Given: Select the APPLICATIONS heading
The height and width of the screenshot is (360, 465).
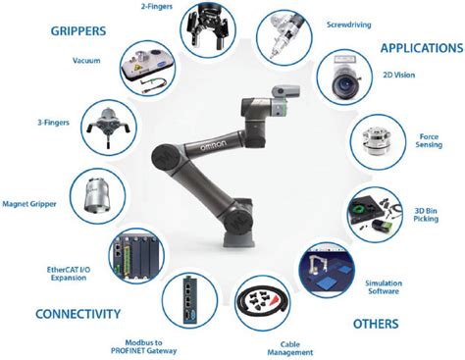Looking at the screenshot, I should point(416,47).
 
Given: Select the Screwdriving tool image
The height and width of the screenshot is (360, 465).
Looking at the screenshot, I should point(283,35).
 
